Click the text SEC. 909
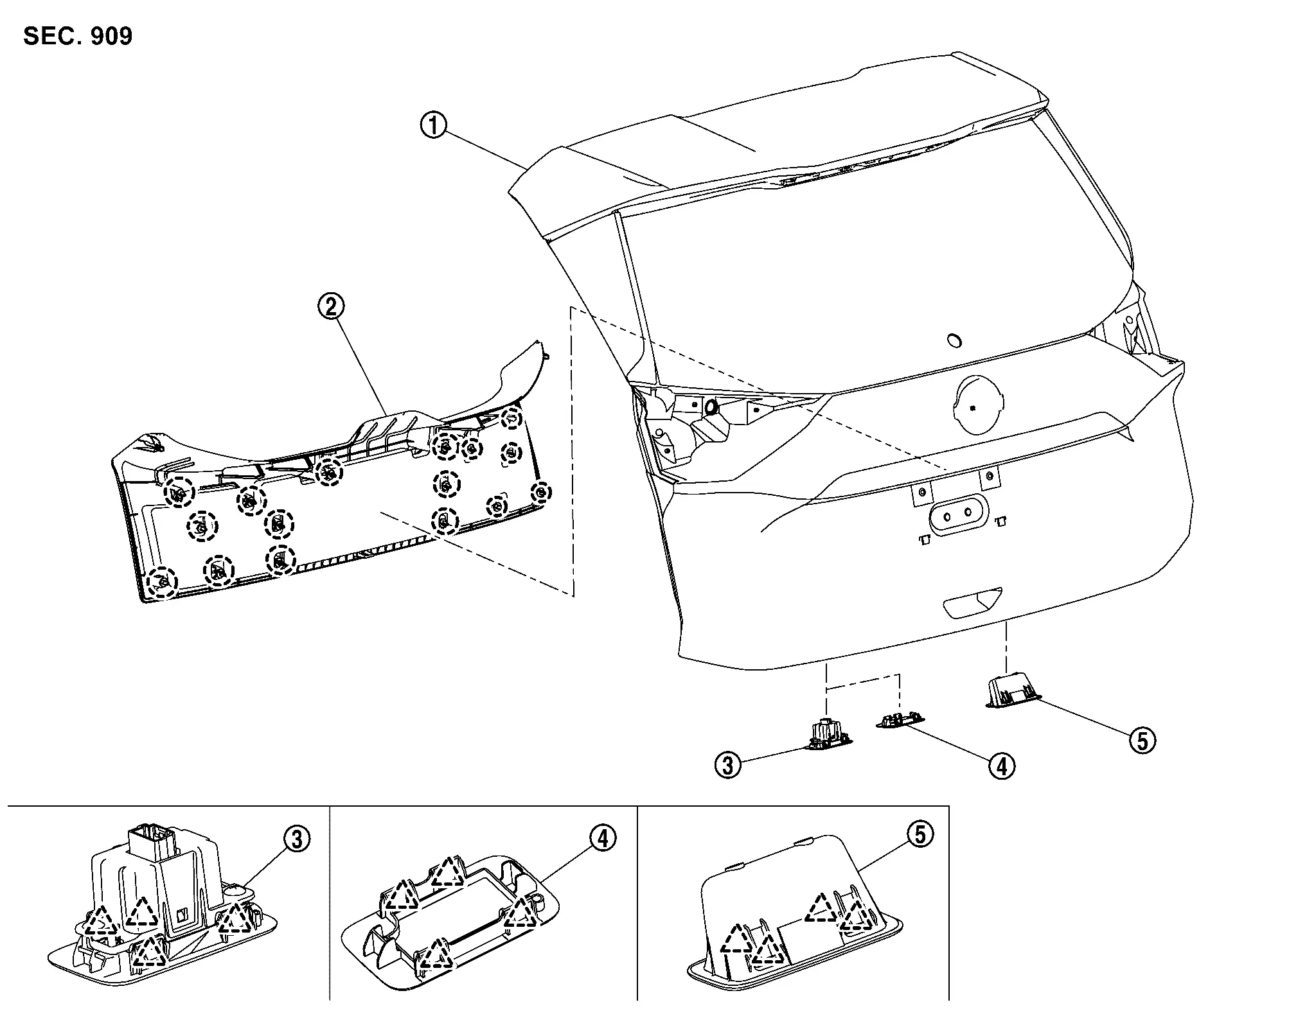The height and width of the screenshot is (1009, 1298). pyautogui.click(x=78, y=35)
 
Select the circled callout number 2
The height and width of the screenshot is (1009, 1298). pyautogui.click(x=332, y=307)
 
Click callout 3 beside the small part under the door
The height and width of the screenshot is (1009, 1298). pyautogui.click(x=728, y=765)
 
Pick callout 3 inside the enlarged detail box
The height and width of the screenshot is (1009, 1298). pyautogui.click(x=297, y=839)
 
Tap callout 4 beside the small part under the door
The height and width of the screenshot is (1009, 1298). pyautogui.click(x=1002, y=765)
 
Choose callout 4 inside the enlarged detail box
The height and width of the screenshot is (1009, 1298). pyautogui.click(x=603, y=838)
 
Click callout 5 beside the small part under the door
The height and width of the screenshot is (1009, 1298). pyautogui.click(x=1142, y=741)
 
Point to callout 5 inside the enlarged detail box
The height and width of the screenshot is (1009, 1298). pyautogui.click(x=920, y=834)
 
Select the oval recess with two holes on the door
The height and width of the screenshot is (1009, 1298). pyautogui.click(x=957, y=514)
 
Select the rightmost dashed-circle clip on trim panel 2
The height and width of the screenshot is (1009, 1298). pyautogui.click(x=542, y=493)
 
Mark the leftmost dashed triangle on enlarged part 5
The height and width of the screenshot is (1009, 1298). pyautogui.click(x=735, y=940)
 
